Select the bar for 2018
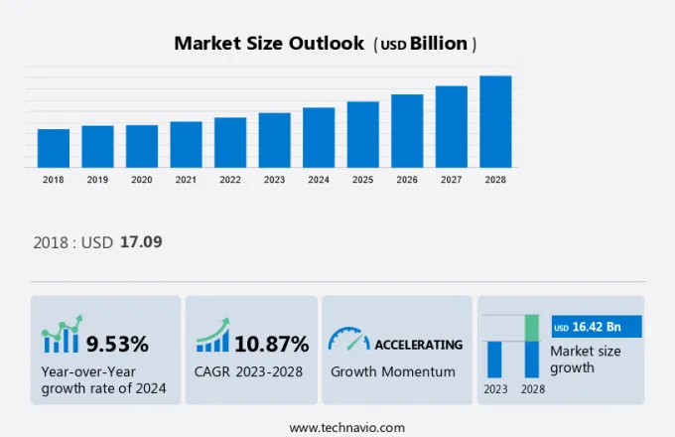point(54,148)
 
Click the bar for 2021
point(186,144)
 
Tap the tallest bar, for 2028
point(495,121)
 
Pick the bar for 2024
point(319,137)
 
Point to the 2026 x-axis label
point(407,180)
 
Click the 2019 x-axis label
point(97,180)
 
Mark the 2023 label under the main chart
point(274,180)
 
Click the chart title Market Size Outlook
point(269,44)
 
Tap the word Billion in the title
point(440,44)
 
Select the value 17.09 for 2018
point(141,241)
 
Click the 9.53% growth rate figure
point(117,345)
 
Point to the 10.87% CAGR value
point(271,345)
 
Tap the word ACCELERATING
point(418,345)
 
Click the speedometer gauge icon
point(348,340)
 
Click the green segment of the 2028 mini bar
point(532,328)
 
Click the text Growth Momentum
point(393,371)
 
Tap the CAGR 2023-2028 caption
point(249,371)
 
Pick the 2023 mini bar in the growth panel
point(494,359)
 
